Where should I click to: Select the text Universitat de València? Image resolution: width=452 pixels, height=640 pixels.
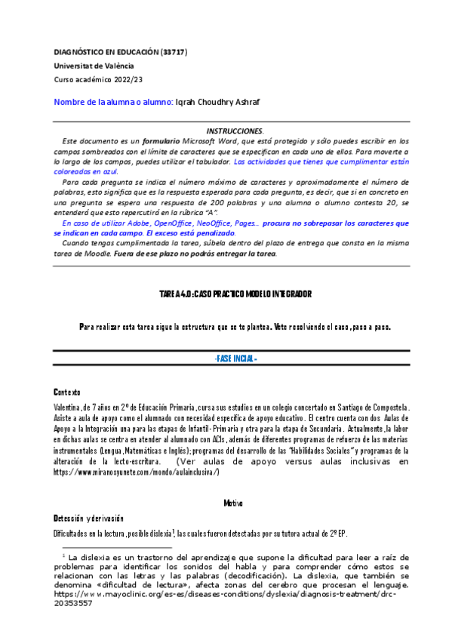88,66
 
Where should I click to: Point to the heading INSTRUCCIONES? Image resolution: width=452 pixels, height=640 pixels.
235,131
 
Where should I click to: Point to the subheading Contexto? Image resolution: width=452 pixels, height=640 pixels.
66,392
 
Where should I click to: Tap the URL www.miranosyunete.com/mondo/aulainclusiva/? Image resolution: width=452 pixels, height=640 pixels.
137,471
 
